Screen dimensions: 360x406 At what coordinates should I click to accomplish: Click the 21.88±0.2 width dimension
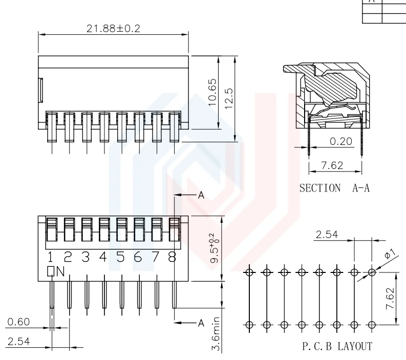[113, 28]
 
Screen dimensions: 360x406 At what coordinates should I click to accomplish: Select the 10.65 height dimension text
[213, 92]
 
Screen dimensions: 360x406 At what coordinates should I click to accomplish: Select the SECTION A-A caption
[334, 188]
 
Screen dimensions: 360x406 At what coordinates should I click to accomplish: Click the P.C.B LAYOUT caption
[336, 347]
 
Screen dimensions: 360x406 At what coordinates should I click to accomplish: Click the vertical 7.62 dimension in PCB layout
[391, 298]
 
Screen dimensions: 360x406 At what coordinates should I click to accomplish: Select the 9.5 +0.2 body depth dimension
[215, 248]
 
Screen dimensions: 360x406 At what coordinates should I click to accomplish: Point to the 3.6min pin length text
[216, 333]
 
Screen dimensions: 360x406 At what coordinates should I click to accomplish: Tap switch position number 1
[51, 257]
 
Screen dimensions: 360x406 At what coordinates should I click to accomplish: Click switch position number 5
[121, 257]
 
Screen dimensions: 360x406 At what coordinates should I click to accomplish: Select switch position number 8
[173, 257]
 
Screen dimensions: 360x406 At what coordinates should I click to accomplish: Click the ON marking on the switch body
[56, 271]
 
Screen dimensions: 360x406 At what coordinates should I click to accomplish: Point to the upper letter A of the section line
[201, 195]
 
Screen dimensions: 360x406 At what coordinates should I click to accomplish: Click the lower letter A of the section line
[201, 322]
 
